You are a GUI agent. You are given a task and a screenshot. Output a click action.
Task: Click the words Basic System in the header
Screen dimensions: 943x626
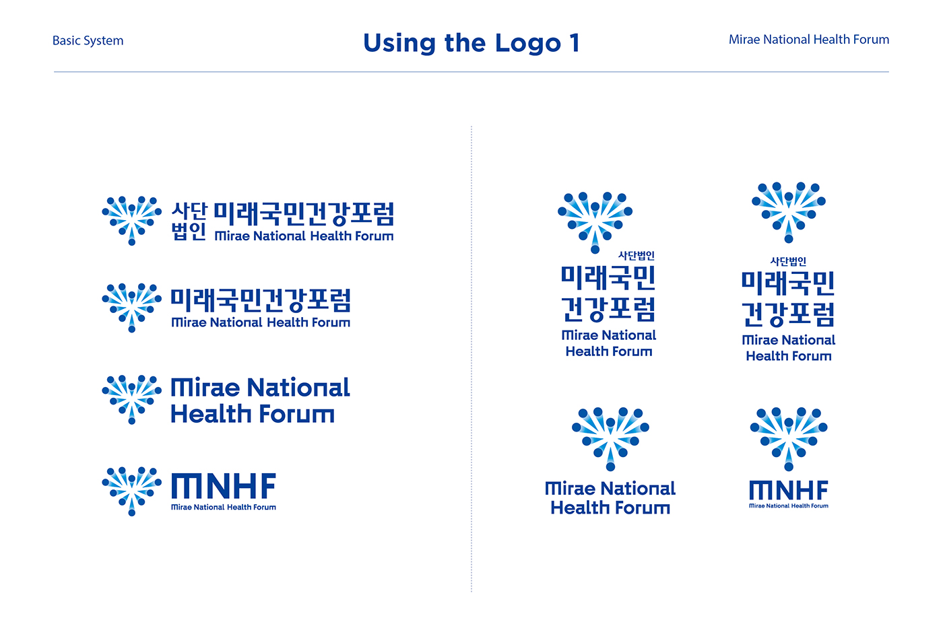88,41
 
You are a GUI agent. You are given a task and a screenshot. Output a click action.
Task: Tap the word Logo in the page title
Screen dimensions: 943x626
528,44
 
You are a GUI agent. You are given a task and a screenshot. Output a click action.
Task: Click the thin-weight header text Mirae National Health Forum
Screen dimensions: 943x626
809,40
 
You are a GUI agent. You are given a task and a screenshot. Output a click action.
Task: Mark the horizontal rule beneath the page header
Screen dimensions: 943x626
471,72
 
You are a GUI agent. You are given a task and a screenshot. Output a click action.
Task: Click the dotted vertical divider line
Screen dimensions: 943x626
471,359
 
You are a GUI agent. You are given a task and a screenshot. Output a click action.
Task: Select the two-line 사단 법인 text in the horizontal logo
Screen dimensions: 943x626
189,221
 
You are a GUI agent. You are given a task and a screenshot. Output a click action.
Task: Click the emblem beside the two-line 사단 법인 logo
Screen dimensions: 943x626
131,221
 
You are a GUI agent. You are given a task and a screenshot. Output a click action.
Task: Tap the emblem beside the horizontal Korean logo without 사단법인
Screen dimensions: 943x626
131,308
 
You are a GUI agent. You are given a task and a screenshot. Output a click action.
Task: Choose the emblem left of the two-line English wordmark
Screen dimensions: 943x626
131,399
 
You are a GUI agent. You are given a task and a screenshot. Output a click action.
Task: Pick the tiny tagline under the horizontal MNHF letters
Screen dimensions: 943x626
224,508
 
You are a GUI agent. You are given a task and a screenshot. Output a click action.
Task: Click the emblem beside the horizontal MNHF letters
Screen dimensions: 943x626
131,491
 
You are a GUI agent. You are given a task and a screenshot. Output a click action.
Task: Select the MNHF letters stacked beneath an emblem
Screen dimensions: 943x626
789,490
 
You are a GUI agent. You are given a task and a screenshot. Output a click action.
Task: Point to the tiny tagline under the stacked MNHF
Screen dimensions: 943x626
789,506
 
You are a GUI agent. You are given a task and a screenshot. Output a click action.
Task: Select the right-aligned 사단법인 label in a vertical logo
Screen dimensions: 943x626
636,255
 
